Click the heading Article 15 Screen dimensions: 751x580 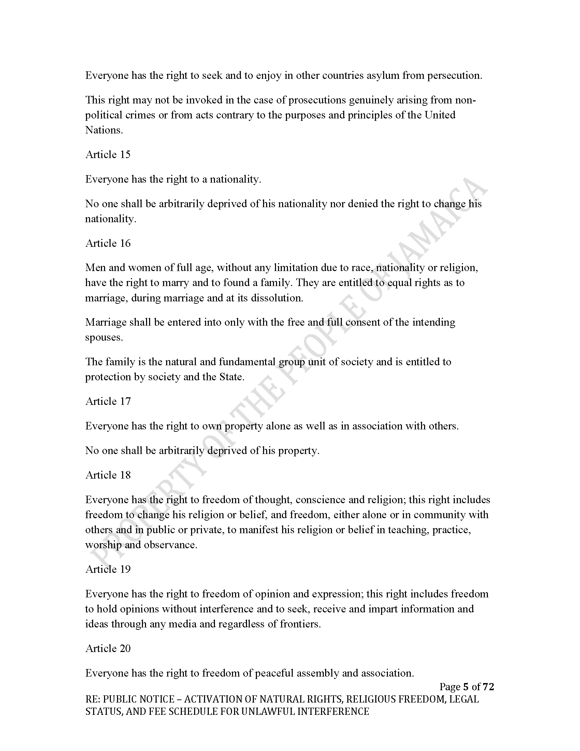click(x=108, y=154)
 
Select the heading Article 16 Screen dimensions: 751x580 click(x=108, y=243)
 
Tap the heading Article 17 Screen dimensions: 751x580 click(x=108, y=401)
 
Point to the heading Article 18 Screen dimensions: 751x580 click(x=108, y=475)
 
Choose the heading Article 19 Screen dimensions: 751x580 click(x=108, y=569)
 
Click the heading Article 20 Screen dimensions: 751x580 click(x=108, y=648)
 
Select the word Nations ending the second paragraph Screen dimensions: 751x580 click(x=104, y=130)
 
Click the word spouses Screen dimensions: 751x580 click(x=104, y=338)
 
